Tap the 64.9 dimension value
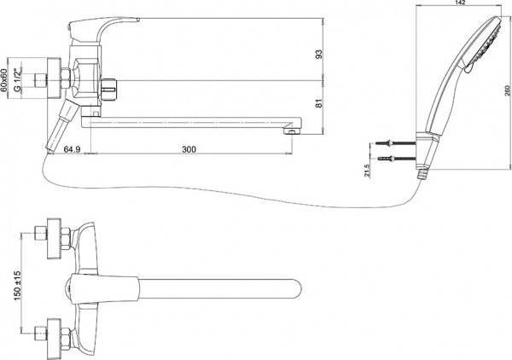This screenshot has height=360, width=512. [x=72, y=149]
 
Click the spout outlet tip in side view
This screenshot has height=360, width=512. [x=292, y=131]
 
